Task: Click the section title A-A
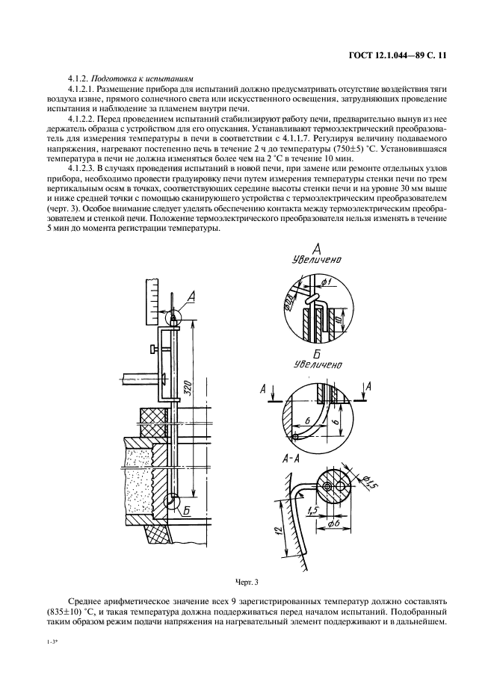(295, 460)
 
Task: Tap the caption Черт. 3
(246, 580)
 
